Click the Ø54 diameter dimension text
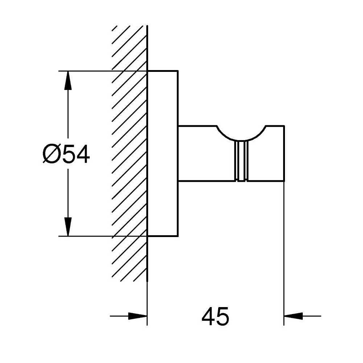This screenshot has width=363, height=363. coord(66,154)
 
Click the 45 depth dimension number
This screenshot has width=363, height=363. coord(215,316)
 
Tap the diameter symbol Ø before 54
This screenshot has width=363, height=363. coord(50,154)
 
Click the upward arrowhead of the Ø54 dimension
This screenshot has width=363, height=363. coord(68,80)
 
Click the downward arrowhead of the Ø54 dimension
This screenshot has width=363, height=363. coord(68,227)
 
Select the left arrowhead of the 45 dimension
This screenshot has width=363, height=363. coord(138,316)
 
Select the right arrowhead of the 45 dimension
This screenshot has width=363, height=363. coord(293,316)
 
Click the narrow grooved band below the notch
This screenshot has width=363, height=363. coord(241,161)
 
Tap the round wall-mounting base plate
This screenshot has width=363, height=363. coord(163,153)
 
